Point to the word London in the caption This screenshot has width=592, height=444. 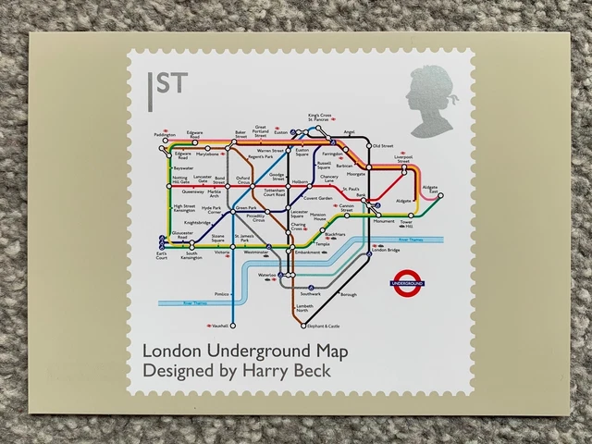click(x=173, y=351)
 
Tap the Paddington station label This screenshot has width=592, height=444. click(x=165, y=135)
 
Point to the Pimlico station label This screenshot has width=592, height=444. click(x=221, y=294)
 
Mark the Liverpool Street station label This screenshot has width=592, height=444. click(x=403, y=159)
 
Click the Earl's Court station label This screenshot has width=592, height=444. click(x=162, y=254)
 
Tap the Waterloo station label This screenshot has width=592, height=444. click(x=267, y=275)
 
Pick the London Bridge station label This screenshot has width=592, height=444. click(x=386, y=250)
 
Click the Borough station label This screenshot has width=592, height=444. click(x=348, y=294)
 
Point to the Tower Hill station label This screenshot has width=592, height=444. click(x=405, y=224)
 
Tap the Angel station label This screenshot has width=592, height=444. click(x=349, y=132)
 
